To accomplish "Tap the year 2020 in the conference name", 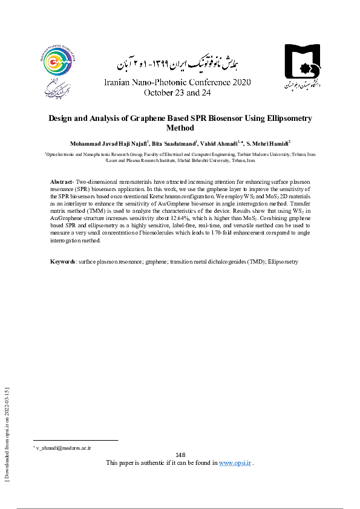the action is click(239, 82).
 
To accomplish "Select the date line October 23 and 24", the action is click(177, 93).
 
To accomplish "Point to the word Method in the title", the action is click(180, 128).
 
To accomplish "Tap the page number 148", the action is click(180, 455).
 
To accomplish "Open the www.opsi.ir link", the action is click(234, 462).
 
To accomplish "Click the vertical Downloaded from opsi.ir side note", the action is click(7, 433).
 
